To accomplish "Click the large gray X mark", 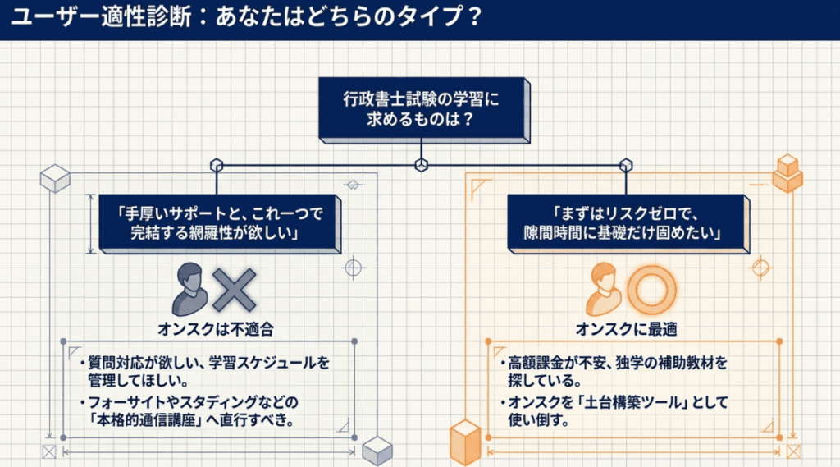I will pyautogui.click(x=235, y=289).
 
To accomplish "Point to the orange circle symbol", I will pyautogui.click(x=651, y=289).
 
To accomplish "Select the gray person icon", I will pyautogui.click(x=190, y=289).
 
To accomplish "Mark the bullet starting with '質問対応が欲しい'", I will pyautogui.click(x=205, y=369).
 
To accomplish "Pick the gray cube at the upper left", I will pyautogui.click(x=55, y=177).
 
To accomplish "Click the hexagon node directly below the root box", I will pyautogui.click(x=421, y=164).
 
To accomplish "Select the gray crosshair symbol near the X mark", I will pyautogui.click(x=354, y=267).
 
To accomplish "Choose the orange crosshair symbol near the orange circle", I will pyautogui.click(x=762, y=267).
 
